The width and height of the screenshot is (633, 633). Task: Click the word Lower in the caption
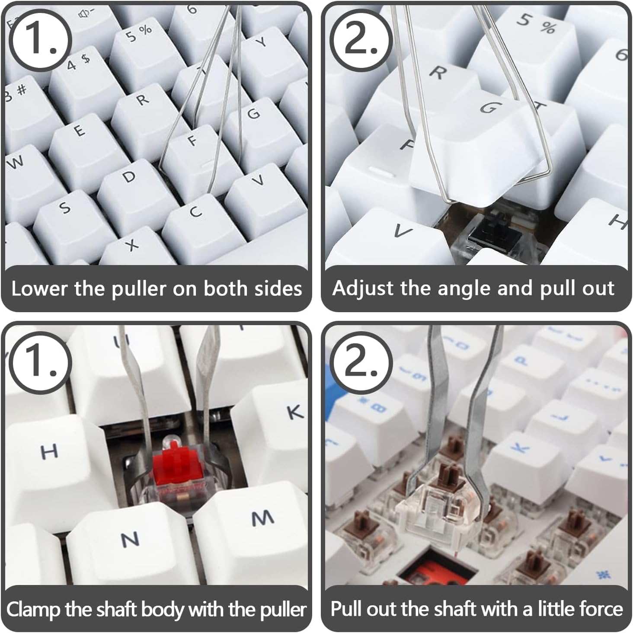pos(39,289)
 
